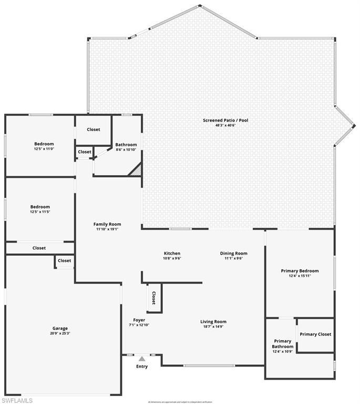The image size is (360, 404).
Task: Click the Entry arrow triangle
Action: pyautogui.click(x=141, y=359)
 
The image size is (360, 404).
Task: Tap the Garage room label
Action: pyautogui.click(x=60, y=328)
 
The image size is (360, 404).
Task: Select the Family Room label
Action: pyautogui.click(x=107, y=224)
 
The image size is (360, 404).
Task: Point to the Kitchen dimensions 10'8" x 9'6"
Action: pyautogui.click(x=172, y=259)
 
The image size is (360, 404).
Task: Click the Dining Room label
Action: pyautogui.click(x=233, y=254)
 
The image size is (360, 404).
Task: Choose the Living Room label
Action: pyautogui.click(x=213, y=321)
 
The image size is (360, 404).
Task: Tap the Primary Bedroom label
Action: pyautogui.click(x=300, y=271)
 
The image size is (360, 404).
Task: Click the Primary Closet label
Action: pyautogui.click(x=315, y=334)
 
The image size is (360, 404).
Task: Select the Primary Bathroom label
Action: pyautogui.click(x=282, y=344)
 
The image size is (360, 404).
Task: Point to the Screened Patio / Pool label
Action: pyautogui.click(x=225, y=120)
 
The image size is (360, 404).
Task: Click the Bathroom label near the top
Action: pyautogui.click(x=126, y=145)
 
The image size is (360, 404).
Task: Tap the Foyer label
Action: pyautogui.click(x=139, y=320)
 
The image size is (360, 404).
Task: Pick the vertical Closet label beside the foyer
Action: pyautogui.click(x=153, y=298)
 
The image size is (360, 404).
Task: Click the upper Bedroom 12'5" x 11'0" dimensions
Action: pyautogui.click(x=44, y=149)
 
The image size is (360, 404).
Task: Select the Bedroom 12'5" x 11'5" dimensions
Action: pyautogui.click(x=40, y=212)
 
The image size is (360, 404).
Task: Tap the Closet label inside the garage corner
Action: pyautogui.click(x=64, y=260)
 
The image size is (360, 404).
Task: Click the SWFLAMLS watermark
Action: pyautogui.click(x=17, y=400)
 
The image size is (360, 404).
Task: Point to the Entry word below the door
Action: pyautogui.click(x=142, y=366)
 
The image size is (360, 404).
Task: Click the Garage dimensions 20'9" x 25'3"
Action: pyautogui.click(x=60, y=334)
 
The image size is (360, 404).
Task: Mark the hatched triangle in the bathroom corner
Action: pyautogui.click(x=137, y=170)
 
